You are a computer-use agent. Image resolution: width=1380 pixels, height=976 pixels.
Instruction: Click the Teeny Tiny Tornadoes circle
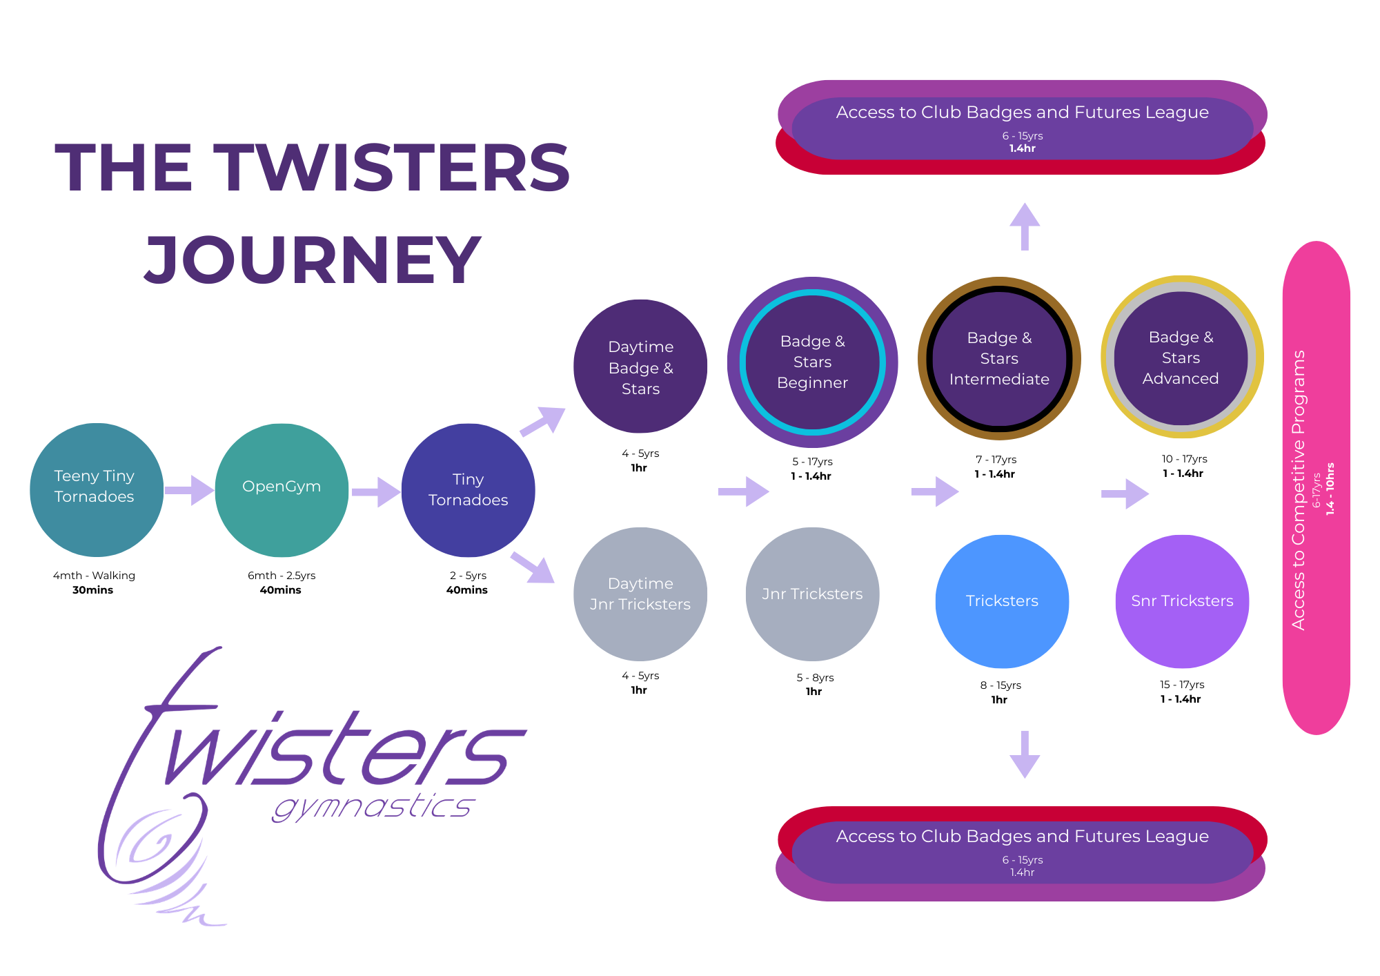tap(97, 490)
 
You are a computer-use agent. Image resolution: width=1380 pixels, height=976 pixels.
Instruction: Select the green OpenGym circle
tap(282, 490)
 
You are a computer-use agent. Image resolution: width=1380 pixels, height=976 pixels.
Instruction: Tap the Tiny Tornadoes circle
tap(468, 490)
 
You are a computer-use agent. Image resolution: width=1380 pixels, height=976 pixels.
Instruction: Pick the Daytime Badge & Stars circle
tap(640, 367)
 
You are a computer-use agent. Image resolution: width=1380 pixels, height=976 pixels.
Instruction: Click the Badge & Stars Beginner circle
tap(812, 362)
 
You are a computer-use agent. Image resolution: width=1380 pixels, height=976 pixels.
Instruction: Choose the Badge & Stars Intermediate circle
tap(999, 359)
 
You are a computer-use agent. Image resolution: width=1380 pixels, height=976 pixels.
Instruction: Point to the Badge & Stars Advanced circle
tap(1181, 358)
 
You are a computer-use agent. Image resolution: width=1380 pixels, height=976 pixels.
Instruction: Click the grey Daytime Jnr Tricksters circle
tap(640, 594)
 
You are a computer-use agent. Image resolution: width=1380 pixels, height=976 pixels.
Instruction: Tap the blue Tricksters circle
tap(1002, 601)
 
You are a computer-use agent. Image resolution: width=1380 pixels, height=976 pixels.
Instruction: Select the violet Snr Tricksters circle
tap(1182, 601)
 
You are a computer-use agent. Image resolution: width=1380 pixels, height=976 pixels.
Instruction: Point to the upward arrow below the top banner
tap(1025, 226)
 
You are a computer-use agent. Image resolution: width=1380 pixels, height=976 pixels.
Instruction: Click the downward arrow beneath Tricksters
tap(1025, 754)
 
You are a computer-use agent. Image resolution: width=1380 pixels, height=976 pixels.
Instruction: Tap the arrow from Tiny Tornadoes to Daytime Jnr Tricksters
tap(533, 567)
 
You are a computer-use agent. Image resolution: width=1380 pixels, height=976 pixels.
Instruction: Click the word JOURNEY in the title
tap(312, 260)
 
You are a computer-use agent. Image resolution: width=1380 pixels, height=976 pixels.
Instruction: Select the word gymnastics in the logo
tap(373, 806)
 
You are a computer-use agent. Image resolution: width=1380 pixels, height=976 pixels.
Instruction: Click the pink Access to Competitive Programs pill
tap(1316, 487)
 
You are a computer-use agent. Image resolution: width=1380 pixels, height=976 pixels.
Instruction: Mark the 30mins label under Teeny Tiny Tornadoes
tap(93, 590)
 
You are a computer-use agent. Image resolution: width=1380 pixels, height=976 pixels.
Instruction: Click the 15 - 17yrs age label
tap(1182, 685)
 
